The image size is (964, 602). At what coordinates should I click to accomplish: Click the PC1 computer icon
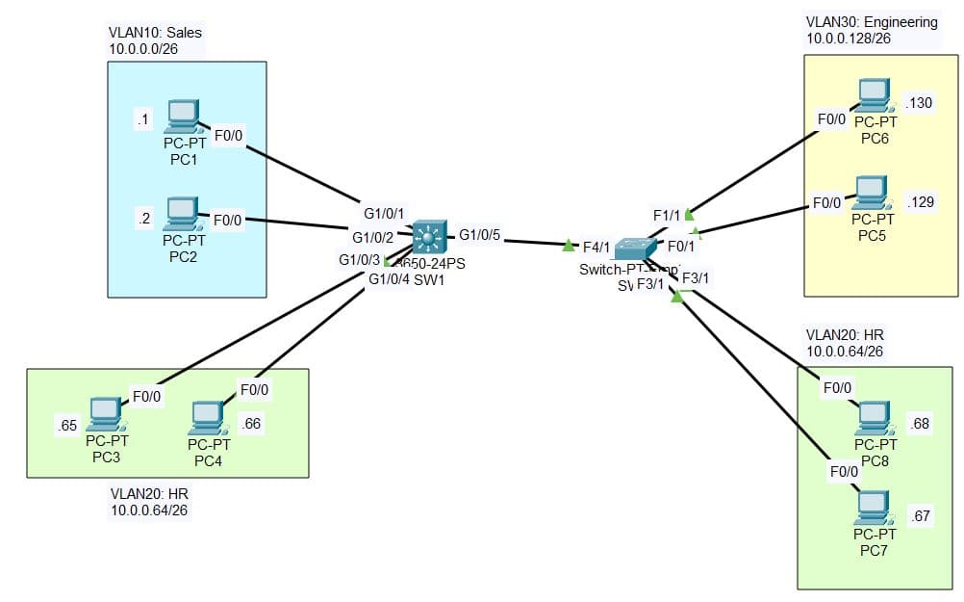coord(181,117)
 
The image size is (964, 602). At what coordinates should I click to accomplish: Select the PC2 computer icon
coord(181,214)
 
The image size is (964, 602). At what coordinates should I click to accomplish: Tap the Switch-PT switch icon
coord(636,249)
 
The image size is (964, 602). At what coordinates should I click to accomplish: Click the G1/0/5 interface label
coord(478,234)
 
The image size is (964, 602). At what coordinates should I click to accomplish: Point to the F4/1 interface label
coord(596,248)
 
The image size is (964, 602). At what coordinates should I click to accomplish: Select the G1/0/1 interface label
coord(384,213)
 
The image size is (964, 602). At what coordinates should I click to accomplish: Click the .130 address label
coord(920,103)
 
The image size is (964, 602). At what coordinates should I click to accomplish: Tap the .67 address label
coord(921,517)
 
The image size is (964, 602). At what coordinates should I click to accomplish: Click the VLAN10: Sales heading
coord(155,33)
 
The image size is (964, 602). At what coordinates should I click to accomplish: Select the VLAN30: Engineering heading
coord(871,21)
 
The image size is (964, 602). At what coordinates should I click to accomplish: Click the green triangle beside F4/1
coord(569,246)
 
